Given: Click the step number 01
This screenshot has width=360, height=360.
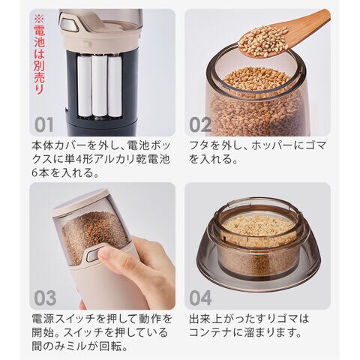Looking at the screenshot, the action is [44, 124].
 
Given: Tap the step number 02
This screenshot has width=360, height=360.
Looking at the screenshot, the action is [200, 124].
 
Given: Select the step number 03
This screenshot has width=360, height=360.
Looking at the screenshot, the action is [45, 298].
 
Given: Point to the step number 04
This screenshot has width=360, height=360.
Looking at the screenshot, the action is [200, 298].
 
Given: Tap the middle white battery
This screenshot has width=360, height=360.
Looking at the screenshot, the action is [100, 86].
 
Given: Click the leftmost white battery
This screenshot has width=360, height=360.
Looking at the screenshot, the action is [85, 86].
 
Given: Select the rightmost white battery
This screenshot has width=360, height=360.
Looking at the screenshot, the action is [115, 86].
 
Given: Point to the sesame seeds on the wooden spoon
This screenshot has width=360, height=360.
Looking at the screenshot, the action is [262, 40].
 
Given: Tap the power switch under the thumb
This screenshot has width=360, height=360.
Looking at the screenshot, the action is [94, 254].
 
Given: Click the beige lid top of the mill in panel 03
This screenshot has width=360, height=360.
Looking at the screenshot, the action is [81, 199].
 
